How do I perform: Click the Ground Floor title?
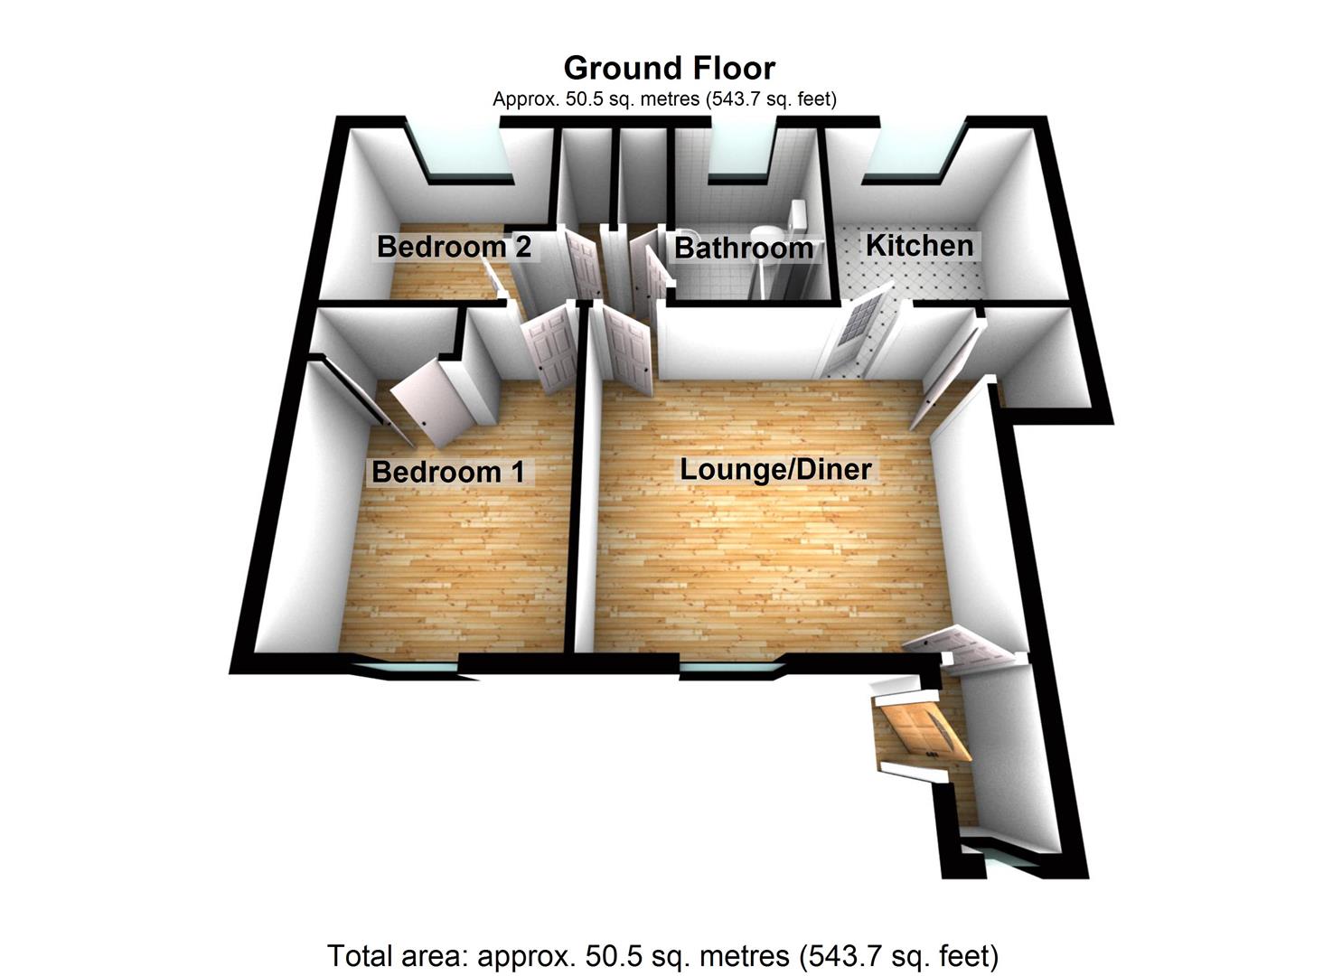click(670, 69)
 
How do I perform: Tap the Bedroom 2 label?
click(455, 247)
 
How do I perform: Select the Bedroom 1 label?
click(448, 472)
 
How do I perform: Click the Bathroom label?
click(744, 248)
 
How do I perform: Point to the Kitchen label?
click(920, 246)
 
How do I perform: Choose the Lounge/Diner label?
click(776, 469)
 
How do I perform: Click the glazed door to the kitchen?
click(858, 330)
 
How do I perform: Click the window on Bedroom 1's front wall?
click(413, 668)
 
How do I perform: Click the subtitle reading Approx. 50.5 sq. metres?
click(664, 99)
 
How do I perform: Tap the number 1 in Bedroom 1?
click(517, 472)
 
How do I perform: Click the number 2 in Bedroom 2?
click(522, 247)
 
